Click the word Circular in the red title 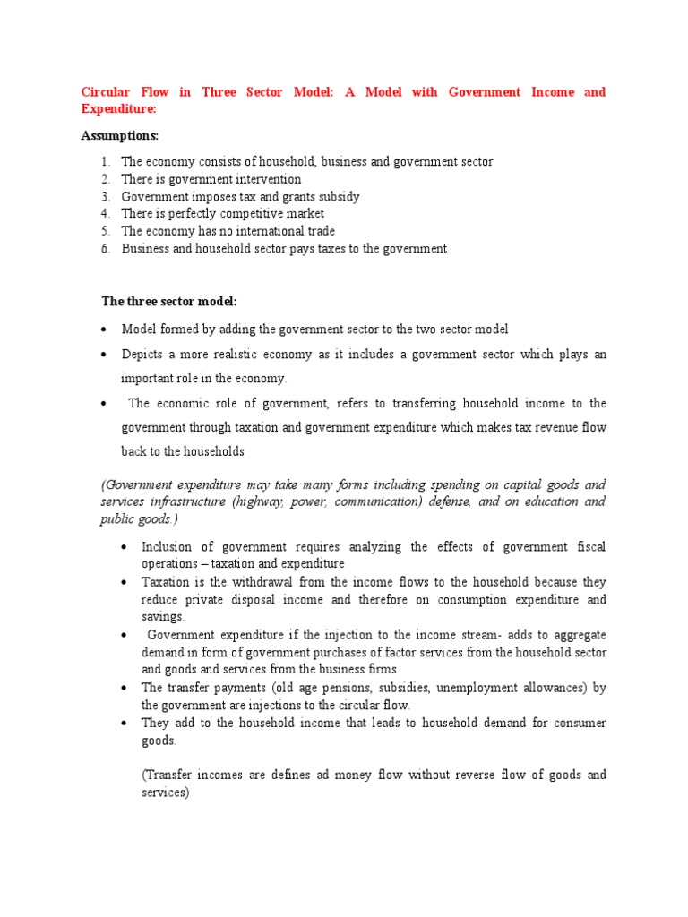pyautogui.click(x=106, y=92)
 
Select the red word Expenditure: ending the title pyautogui.click(x=119, y=108)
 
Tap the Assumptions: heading pyautogui.click(x=119, y=136)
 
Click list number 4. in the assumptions pyautogui.click(x=105, y=214)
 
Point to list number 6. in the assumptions pyautogui.click(x=105, y=249)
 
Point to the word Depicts pyautogui.click(x=142, y=355)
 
